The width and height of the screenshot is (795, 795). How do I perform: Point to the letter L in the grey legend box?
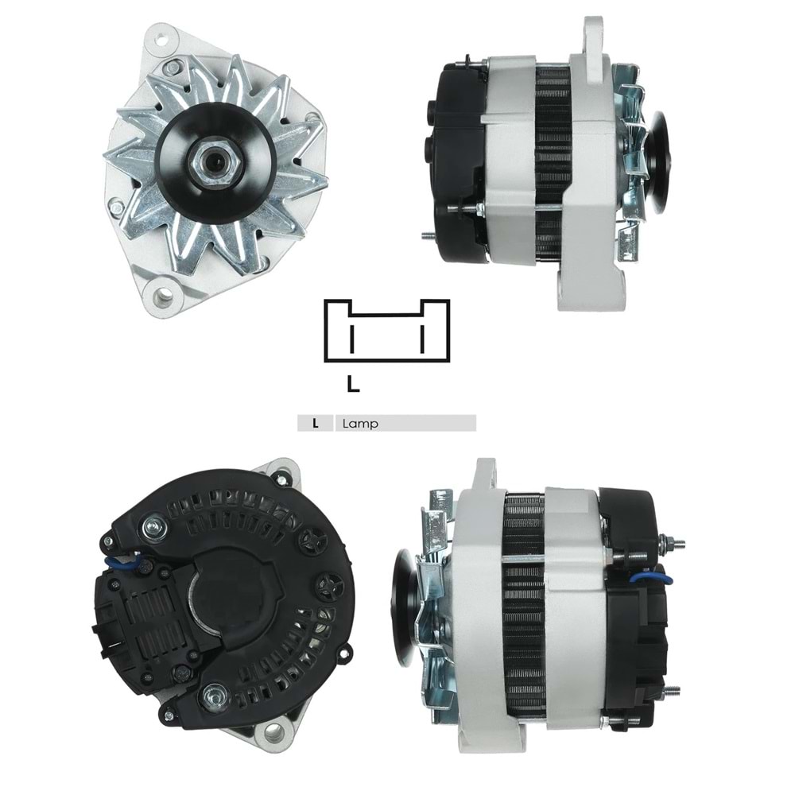(x=316, y=424)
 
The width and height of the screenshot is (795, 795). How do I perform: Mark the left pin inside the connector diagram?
(x=350, y=338)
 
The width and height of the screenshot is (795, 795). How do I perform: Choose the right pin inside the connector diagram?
(x=422, y=338)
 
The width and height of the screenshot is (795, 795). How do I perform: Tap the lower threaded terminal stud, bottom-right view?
(x=672, y=690)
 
